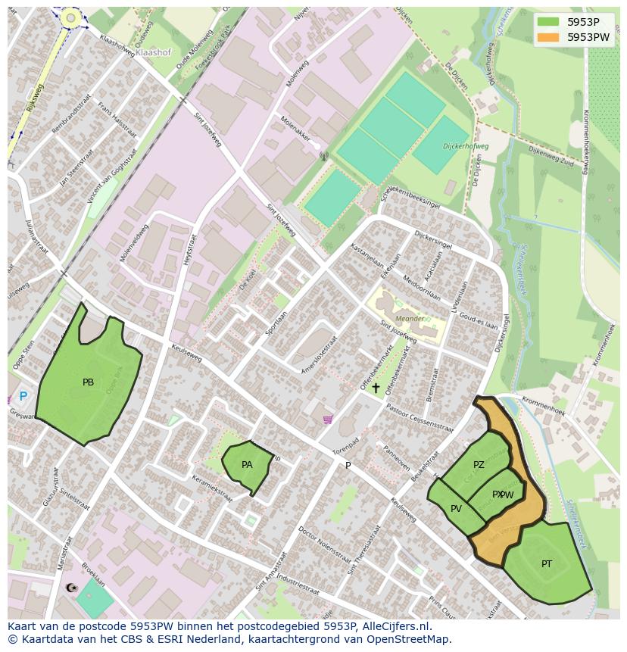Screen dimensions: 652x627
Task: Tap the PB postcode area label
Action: (x=88, y=382)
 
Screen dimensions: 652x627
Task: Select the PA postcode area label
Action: (x=247, y=465)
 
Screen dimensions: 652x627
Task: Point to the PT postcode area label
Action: (x=547, y=564)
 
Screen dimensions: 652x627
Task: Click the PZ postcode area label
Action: (x=479, y=465)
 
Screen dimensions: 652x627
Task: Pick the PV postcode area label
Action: (x=456, y=509)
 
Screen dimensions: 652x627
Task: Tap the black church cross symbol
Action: (x=376, y=388)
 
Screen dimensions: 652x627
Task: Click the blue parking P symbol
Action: (x=23, y=396)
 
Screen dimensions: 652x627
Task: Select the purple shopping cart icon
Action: (x=327, y=419)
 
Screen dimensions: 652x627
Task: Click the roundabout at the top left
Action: (x=70, y=17)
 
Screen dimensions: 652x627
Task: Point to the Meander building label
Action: (x=410, y=318)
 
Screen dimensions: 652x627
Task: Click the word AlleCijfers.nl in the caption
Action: (x=394, y=627)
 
